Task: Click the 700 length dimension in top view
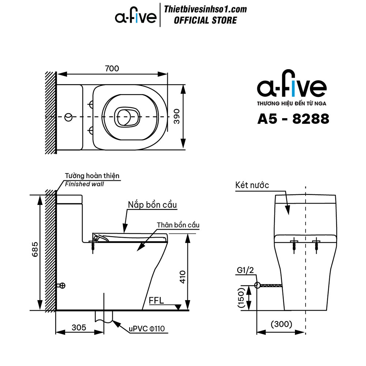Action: pyautogui.click(x=112, y=68)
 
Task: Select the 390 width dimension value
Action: pyautogui.click(x=177, y=116)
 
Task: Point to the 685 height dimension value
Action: pyautogui.click(x=35, y=249)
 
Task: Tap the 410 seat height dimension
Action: pyautogui.click(x=183, y=277)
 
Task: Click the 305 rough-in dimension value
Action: pyautogui.click(x=79, y=328)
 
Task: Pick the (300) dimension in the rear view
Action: pyautogui.click(x=281, y=324)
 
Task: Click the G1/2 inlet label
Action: pyautogui.click(x=245, y=270)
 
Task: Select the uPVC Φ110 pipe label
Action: pyautogui.click(x=147, y=329)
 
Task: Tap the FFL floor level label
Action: pyautogui.click(x=156, y=300)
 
